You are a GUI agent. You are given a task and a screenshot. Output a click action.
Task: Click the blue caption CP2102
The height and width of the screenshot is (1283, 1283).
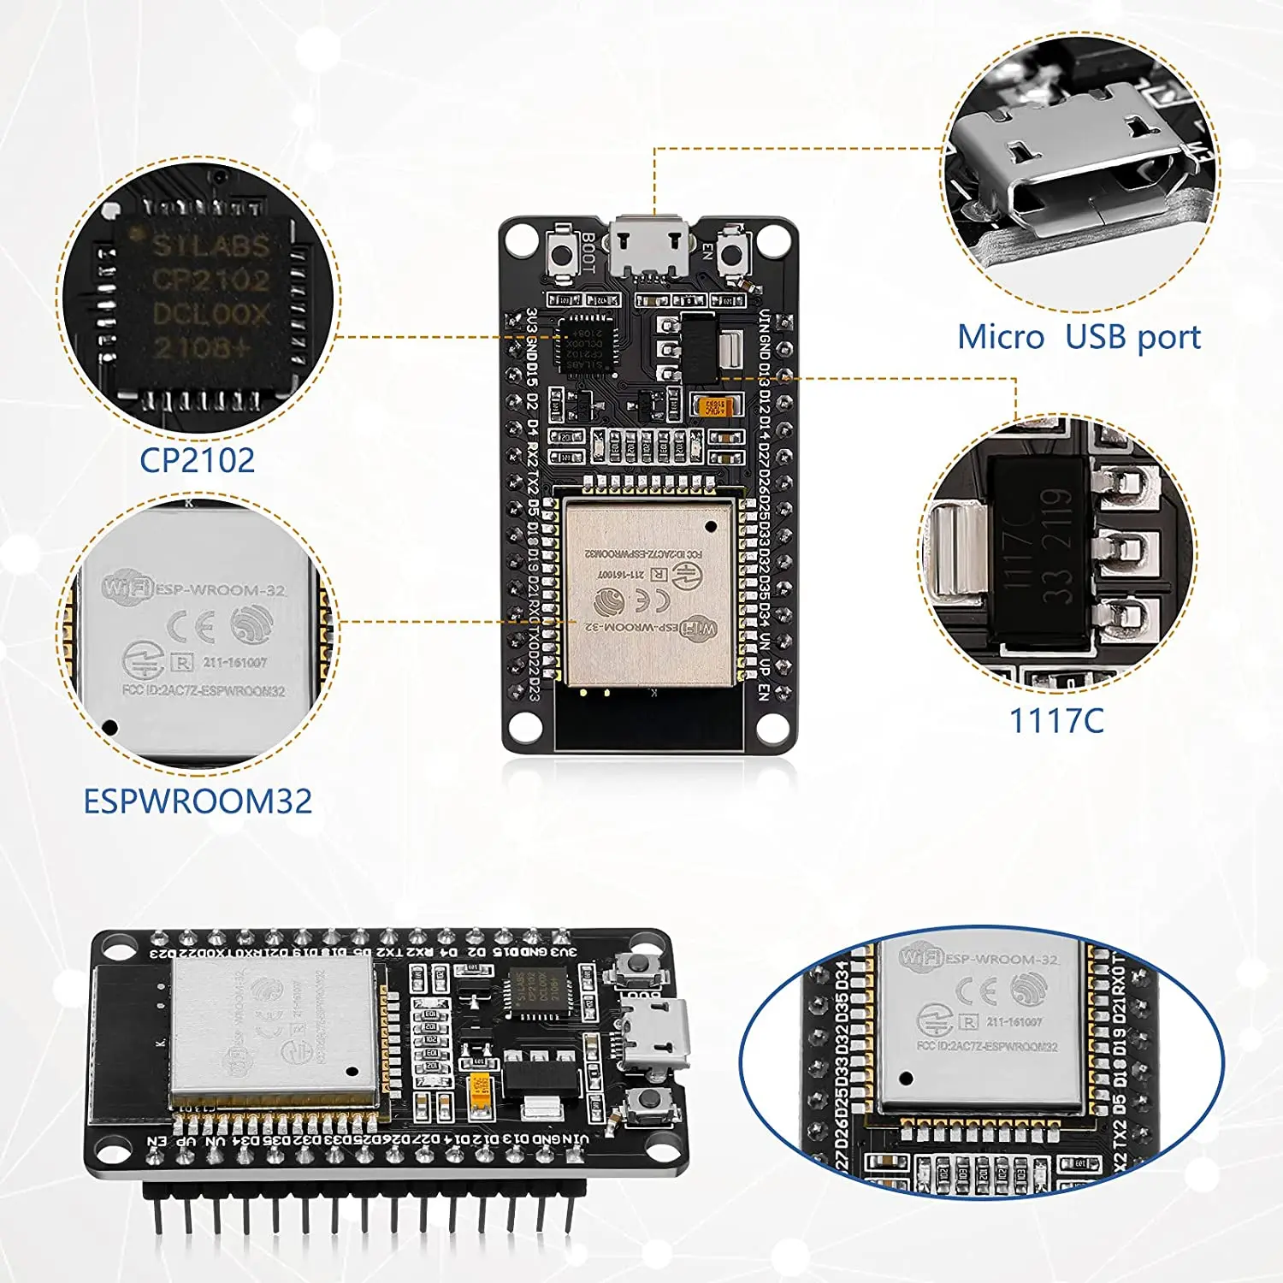pos(197,460)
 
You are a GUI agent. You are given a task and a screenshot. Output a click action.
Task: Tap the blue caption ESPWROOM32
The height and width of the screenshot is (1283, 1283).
pos(198,801)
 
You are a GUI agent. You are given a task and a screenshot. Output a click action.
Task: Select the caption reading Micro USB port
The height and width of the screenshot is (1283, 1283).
pos(1079,337)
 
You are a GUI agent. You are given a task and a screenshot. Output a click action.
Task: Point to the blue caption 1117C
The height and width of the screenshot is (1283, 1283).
pos(1056,720)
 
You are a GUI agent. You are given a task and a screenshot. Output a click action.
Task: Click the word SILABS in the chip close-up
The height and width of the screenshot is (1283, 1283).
pos(210,246)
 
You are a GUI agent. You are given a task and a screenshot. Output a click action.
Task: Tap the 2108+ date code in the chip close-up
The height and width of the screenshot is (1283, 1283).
pos(202,347)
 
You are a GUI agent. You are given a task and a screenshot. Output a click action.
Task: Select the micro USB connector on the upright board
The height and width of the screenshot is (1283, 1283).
pos(650,247)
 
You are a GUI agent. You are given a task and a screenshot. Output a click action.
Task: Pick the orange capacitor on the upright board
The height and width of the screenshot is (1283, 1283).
pos(712,406)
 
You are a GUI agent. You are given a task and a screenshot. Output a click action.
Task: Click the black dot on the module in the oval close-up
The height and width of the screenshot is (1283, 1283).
pos(907,1079)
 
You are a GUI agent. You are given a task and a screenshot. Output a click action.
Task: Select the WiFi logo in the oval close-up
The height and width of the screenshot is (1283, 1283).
pos(920,957)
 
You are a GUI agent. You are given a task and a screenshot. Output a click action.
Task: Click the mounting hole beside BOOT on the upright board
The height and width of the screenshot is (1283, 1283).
pos(521,239)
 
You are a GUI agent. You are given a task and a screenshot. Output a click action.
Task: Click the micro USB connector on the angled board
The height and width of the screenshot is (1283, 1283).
pos(657,1036)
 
